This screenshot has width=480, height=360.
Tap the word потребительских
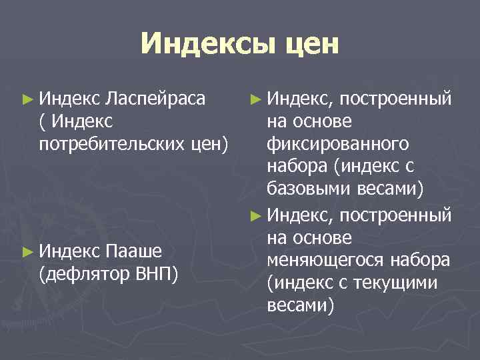point(113,144)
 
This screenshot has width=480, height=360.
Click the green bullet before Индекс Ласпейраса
point(27,101)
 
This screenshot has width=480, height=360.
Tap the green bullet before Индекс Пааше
point(27,251)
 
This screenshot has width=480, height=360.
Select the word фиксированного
point(337,144)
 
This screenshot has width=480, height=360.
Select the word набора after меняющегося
point(417,259)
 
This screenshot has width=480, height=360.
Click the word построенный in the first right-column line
point(395,100)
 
